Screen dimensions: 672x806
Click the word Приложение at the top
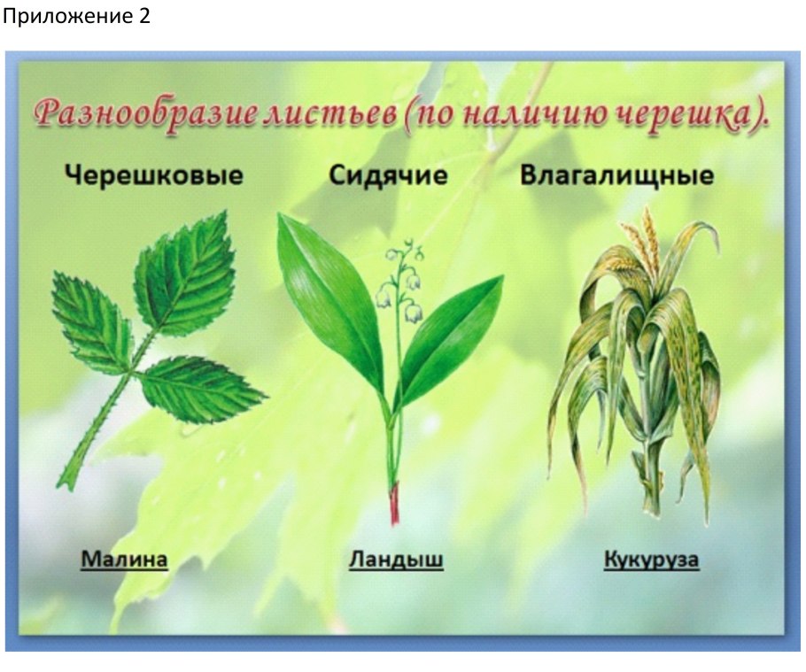(x=66, y=17)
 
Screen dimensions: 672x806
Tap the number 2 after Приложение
(x=144, y=17)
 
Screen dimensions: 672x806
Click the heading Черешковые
(x=152, y=175)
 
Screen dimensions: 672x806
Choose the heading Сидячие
(x=389, y=175)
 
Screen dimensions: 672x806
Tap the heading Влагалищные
(x=616, y=175)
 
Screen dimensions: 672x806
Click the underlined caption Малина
(x=124, y=560)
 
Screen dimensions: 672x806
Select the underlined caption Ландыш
(x=396, y=560)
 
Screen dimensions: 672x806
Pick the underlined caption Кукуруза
(x=652, y=560)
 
